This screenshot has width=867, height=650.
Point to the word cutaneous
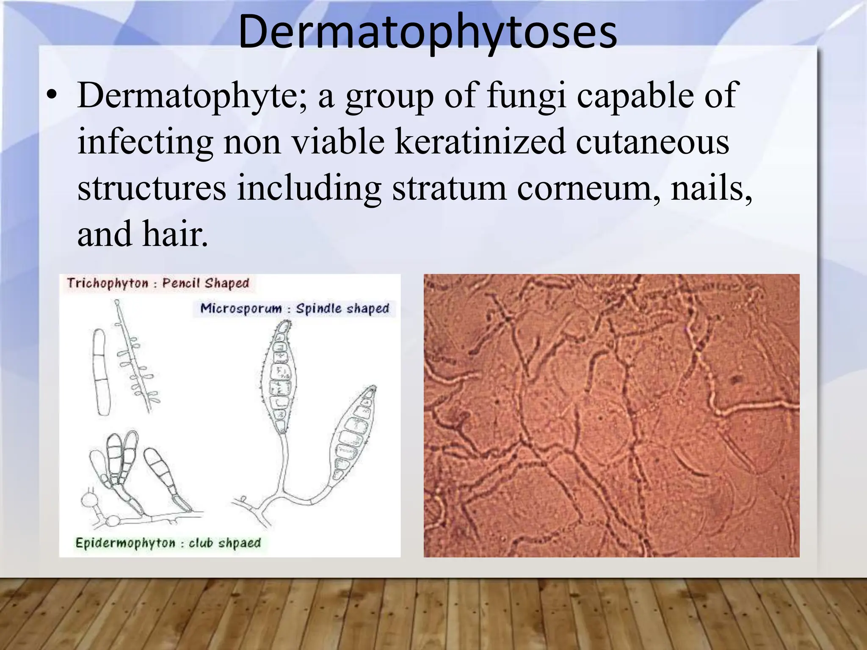(652, 142)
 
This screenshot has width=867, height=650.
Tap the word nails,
(711, 188)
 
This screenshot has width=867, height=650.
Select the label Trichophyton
(108, 283)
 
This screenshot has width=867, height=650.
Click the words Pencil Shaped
(206, 283)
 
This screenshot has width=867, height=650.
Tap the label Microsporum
(240, 308)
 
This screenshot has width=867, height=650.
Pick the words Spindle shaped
(342, 308)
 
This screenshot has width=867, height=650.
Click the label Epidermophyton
(125, 543)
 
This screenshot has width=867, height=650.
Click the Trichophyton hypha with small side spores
(135, 360)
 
